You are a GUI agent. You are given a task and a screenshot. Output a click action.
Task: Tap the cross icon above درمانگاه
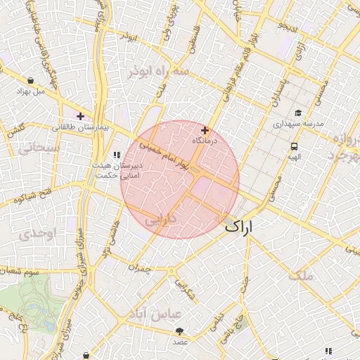coord(205,130)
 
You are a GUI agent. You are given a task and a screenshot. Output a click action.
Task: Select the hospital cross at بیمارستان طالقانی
coord(80,116)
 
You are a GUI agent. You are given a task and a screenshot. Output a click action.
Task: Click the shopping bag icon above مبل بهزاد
coord(33,79)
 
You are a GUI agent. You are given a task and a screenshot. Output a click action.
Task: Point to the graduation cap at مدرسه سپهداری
coord(297,112)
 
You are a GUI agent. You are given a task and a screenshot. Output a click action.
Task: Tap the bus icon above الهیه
coord(293,146)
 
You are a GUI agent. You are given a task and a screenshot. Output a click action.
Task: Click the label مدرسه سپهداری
coord(298,124)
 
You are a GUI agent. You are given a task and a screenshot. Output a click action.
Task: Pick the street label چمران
coord(140,268)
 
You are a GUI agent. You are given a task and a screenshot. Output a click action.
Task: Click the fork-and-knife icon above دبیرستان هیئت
coord(117,155)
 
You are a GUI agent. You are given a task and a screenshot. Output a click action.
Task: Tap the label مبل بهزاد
coord(30,91)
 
